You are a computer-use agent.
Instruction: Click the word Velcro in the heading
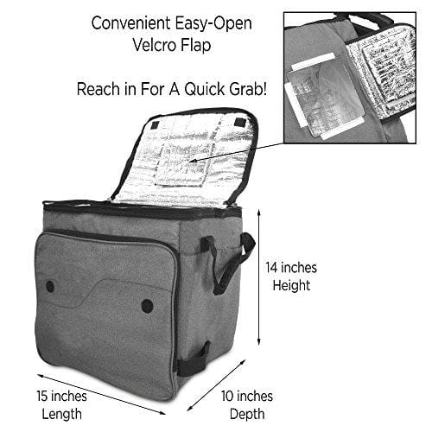[x=154, y=45]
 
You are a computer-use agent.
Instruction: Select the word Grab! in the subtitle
[x=248, y=89]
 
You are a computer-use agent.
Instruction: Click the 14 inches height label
[x=291, y=276]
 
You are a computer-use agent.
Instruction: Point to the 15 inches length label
[x=61, y=405]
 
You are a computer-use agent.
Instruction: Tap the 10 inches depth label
[x=247, y=405]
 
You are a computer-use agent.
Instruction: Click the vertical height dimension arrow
[x=259, y=277]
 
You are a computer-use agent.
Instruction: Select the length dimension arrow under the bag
[x=101, y=394]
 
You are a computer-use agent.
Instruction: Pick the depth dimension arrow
[x=217, y=385]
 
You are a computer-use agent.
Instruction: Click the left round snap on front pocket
[x=50, y=286]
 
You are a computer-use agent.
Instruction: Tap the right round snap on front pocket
[x=148, y=306]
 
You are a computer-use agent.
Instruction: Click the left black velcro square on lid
[x=156, y=124]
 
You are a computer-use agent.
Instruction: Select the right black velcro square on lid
[x=239, y=122]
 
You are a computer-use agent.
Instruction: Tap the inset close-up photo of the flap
[x=350, y=78]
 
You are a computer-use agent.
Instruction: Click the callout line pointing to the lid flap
[x=237, y=152]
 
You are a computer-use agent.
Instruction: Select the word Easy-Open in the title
[x=213, y=23]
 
